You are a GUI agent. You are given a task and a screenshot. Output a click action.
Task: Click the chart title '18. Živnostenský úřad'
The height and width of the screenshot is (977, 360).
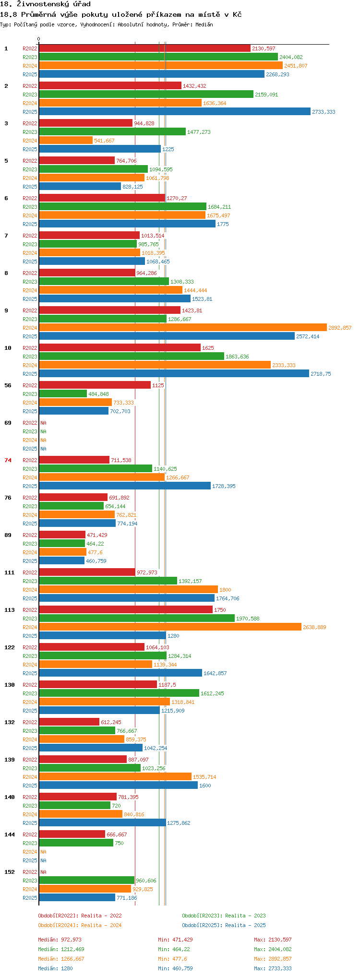click(46, 4)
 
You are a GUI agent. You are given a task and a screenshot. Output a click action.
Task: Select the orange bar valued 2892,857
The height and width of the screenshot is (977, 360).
click(182, 328)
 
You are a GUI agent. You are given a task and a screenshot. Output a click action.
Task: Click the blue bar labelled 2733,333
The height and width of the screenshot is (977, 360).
click(174, 112)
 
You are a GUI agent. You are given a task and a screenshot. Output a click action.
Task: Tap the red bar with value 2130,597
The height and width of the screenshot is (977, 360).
click(144, 48)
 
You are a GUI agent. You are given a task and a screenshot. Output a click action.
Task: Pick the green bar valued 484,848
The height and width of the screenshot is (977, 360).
click(63, 394)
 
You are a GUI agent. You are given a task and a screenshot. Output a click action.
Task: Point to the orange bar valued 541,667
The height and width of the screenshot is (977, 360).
click(66, 141)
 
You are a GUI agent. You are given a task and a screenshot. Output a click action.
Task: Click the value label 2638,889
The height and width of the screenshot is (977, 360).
click(314, 627)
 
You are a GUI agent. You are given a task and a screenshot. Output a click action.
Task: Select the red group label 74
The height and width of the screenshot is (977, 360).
click(8, 460)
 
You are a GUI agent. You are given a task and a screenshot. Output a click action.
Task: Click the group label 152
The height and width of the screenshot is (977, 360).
click(10, 872)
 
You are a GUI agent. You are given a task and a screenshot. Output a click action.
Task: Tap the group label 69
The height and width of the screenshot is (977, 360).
click(8, 423)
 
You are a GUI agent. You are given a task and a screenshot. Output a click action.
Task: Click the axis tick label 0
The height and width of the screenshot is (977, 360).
click(39, 39)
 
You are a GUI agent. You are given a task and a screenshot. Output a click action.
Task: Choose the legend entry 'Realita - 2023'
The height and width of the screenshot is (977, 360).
click(224, 916)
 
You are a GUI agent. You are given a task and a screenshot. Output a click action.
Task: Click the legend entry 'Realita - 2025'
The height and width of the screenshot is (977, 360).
click(224, 925)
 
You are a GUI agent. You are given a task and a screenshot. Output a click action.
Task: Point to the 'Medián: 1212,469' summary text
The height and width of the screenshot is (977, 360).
click(61, 949)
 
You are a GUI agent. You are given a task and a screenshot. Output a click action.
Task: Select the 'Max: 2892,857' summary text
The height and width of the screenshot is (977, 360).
click(273, 959)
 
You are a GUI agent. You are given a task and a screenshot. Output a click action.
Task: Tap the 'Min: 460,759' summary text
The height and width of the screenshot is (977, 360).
click(175, 968)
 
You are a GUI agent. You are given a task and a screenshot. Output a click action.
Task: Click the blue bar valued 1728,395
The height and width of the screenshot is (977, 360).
click(125, 486)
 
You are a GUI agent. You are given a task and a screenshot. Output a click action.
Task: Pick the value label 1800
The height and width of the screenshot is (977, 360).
click(225, 590)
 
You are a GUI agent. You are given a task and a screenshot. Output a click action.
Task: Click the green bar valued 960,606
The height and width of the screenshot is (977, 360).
click(86, 881)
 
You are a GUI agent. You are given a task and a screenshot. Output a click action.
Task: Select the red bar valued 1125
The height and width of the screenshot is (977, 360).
click(95, 385)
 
